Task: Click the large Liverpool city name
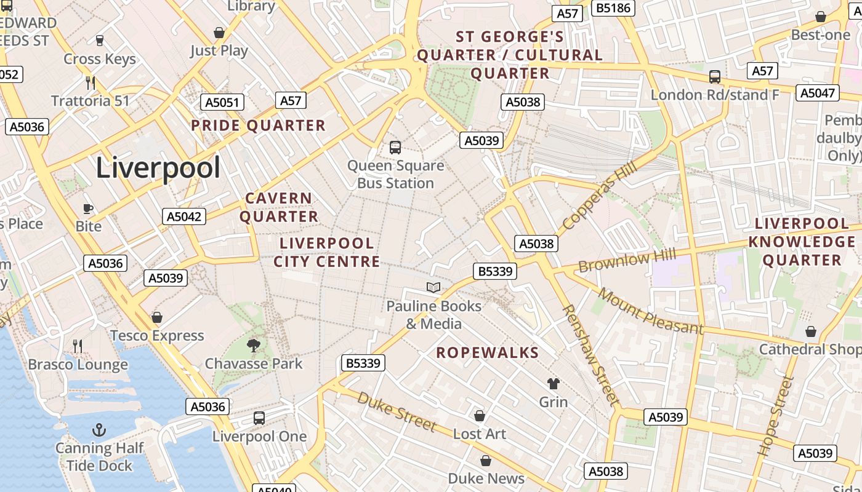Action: point(158,168)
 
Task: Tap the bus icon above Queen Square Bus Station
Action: point(395,148)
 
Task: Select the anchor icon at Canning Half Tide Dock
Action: point(99,430)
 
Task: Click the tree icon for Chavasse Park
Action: point(253,345)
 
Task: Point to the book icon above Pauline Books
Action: point(433,287)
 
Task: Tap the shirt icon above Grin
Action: point(553,384)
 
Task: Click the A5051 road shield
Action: point(222,102)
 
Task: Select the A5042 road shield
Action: point(184,216)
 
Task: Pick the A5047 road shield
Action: point(818,93)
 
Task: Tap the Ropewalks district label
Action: point(488,353)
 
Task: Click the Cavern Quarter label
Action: point(279,207)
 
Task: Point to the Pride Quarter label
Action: point(258,126)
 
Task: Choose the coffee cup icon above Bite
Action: point(88,208)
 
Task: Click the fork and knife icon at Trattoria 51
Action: point(91,82)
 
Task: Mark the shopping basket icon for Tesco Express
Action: point(157,317)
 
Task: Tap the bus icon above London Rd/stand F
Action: point(715,77)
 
